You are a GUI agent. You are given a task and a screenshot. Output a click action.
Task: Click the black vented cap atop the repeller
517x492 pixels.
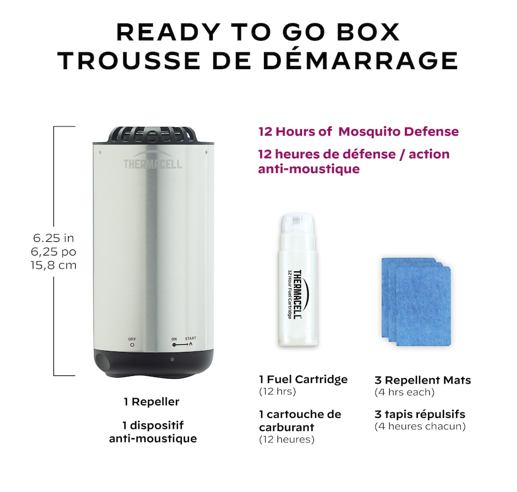coord(153,135)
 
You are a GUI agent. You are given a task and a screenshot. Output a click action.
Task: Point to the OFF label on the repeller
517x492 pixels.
coord(132,339)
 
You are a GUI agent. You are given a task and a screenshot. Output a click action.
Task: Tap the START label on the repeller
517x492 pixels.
coord(190,338)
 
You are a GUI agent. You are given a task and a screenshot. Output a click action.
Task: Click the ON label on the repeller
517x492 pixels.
coord(174,339)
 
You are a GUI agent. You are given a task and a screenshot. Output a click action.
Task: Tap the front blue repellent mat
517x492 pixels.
coord(423,306)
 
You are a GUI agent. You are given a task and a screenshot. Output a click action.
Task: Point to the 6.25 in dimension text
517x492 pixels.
coord(53,238)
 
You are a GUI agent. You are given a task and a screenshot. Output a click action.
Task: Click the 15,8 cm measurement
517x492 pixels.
coord(53,265)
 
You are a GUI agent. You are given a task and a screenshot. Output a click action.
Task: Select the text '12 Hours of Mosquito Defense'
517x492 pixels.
coord(359,131)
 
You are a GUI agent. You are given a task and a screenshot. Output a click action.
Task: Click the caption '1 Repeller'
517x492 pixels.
coord(152,402)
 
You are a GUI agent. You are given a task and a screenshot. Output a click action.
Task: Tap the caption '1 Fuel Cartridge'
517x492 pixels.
coord(303,379)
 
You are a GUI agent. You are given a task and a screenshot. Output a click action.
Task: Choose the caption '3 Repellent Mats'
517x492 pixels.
coord(423,380)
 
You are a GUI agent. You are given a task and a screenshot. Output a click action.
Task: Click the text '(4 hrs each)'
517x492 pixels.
coord(404,392)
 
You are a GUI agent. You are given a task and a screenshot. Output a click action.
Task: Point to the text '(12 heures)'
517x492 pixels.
coord(287,440)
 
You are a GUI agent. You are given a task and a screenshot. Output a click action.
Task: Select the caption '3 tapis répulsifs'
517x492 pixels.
coord(420,414)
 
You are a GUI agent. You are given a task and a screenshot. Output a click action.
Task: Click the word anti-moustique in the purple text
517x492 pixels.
coord(309,169)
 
